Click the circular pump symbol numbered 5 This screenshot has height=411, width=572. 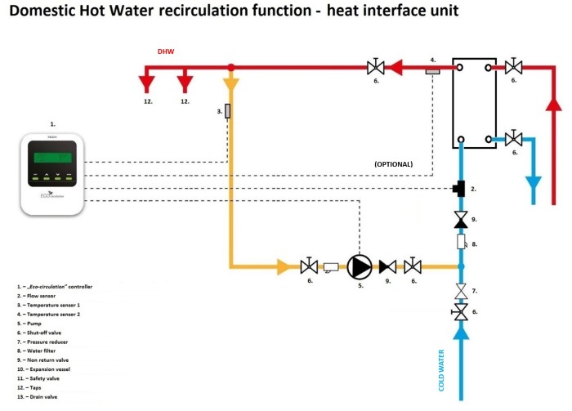pyautogui.click(x=359, y=266)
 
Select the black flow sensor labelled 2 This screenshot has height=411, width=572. pyautogui.click(x=460, y=190)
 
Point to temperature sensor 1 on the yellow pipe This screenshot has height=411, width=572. pyautogui.click(x=228, y=110)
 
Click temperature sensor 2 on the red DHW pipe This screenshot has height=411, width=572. pyautogui.click(x=433, y=69)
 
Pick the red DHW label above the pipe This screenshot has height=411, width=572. pyautogui.click(x=167, y=51)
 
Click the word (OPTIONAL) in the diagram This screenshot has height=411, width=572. pyautogui.click(x=393, y=163)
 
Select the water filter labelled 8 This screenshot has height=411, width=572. pyautogui.click(x=462, y=243)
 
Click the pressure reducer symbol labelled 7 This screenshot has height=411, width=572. pyautogui.click(x=462, y=292)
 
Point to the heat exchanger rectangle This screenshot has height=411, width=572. pyautogui.click(x=474, y=103)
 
